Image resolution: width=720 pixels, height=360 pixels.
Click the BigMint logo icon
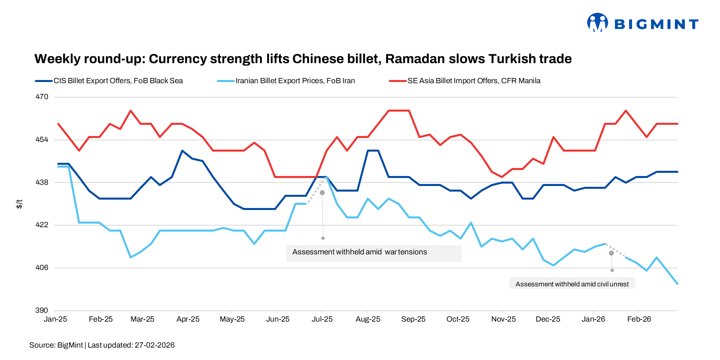(x=597, y=22)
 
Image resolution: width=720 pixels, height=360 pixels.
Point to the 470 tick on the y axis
(x=42, y=97)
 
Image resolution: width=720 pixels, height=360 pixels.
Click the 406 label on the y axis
(x=42, y=268)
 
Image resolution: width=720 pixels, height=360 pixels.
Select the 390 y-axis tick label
(x=42, y=310)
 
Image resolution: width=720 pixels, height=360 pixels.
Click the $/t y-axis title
(x=19, y=204)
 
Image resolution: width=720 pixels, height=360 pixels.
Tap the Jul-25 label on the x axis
(x=322, y=319)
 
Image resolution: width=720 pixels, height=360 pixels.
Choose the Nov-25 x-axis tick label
(x=503, y=319)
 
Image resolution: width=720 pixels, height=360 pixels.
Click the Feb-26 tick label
(x=639, y=319)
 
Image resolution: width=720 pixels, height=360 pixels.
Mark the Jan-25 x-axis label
(x=55, y=319)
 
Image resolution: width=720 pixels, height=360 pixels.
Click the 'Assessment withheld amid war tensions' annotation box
(x=374, y=253)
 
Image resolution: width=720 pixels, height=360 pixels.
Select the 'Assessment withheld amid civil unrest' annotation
(x=572, y=284)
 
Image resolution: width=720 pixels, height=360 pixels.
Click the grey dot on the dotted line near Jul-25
(x=322, y=193)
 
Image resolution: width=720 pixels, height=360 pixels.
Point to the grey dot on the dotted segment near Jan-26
(x=611, y=253)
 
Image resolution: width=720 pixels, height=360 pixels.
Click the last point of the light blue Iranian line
(x=677, y=284)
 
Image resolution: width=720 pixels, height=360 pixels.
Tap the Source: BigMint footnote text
(x=56, y=345)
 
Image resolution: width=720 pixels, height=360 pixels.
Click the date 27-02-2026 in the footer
(x=154, y=345)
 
